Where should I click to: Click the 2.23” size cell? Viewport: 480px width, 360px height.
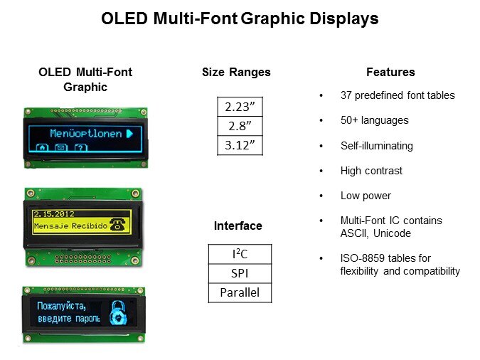click(240, 107)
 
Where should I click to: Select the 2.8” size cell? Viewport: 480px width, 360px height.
click(240, 126)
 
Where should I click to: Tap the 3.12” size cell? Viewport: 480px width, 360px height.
click(240, 145)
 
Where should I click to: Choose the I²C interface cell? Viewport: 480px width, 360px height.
click(240, 254)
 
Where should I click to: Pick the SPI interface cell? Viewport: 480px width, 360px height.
click(240, 273)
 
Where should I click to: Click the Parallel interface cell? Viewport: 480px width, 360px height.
click(240, 292)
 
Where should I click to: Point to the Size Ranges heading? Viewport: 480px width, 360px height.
click(236, 73)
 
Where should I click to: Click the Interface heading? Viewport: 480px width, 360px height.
click(238, 226)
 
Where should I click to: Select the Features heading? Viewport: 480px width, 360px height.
click(390, 72)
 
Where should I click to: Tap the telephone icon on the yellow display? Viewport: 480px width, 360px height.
click(117, 224)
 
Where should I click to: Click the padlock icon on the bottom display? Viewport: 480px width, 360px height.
click(118, 312)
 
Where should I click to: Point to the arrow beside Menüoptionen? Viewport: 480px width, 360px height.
click(129, 134)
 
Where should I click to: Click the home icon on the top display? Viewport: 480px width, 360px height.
click(42, 147)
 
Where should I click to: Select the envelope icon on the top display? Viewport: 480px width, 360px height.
click(61, 147)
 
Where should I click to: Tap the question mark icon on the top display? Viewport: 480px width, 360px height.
click(81, 147)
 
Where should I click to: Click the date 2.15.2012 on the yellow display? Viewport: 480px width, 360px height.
click(54, 214)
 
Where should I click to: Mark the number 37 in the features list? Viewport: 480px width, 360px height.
click(346, 95)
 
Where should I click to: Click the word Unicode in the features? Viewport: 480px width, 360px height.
click(392, 233)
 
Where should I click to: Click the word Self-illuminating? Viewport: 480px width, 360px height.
click(376, 146)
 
